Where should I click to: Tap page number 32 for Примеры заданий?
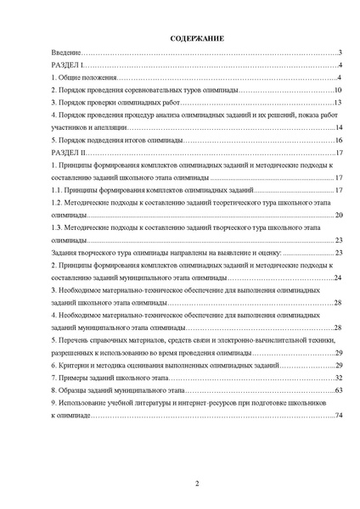pos(338,378)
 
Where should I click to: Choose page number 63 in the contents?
pos(338,390)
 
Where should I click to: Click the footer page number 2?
pos(196,484)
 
